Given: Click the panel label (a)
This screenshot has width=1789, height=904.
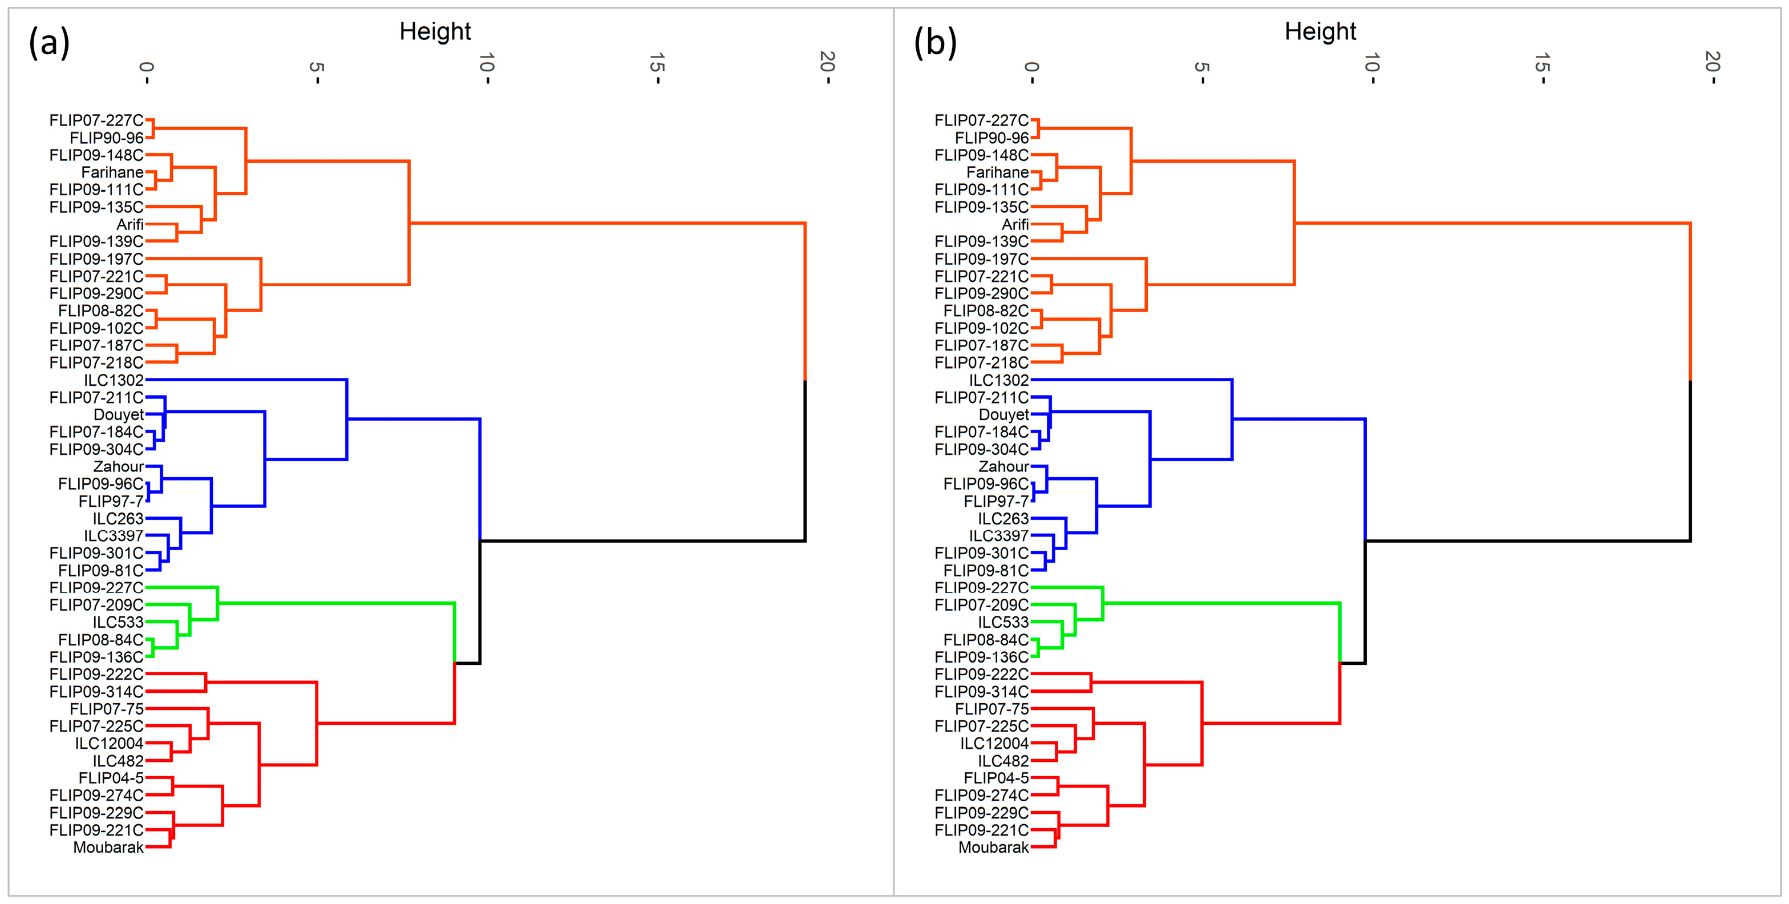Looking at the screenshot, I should (48, 43).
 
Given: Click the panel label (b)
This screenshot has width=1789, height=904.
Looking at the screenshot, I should (935, 43).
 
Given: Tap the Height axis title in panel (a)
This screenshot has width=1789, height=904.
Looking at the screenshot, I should (435, 31).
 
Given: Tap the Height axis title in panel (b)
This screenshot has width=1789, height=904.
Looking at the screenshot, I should (1320, 31).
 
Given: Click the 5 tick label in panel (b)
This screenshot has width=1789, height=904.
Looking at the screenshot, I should (1201, 67).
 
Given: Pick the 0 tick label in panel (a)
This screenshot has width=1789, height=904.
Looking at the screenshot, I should (146, 67).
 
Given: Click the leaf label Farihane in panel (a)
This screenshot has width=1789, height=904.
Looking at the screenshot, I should (112, 172).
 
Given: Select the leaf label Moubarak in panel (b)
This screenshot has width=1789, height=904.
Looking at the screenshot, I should (993, 847).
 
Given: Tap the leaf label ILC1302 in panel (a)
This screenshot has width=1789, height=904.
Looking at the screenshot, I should (114, 380).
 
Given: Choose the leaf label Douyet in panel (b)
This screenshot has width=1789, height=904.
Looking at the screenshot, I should (1003, 415).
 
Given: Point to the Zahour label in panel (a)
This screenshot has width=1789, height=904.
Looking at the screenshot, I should (119, 466).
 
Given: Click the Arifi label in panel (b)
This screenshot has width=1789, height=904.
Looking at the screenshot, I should (1015, 224).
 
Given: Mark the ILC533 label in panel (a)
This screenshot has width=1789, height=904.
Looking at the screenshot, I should (118, 622).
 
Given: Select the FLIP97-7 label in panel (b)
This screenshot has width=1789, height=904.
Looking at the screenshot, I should (996, 501).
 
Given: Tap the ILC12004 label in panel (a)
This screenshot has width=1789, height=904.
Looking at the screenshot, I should (109, 744).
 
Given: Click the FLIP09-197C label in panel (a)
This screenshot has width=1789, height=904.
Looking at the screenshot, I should (96, 259).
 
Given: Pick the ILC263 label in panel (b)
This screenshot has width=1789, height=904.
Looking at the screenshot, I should (1003, 518).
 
